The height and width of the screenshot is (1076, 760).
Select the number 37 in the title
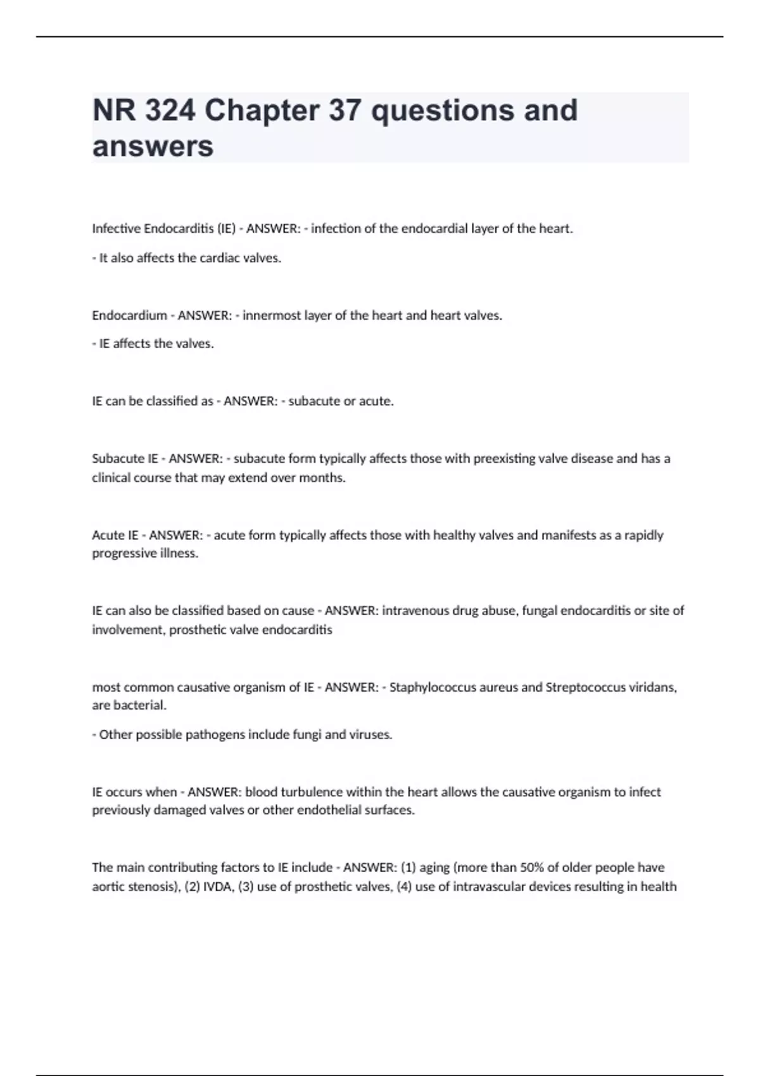tap(345, 111)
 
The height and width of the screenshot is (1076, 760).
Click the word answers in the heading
tap(153, 147)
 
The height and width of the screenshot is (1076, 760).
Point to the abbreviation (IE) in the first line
tap(226, 229)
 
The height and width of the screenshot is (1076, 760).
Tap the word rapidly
tap(643, 535)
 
